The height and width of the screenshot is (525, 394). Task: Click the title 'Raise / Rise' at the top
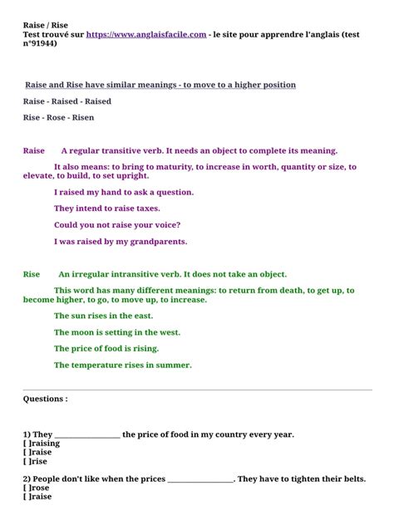point(46,25)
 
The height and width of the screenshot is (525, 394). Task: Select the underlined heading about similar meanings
point(160,85)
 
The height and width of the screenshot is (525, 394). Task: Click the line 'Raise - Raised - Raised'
point(67,101)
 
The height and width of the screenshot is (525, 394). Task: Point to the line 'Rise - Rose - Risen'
point(59,118)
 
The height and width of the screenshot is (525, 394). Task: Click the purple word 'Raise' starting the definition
point(34,151)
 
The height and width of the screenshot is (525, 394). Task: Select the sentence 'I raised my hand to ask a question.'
point(124,192)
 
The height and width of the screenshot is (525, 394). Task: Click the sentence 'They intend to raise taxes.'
point(107,209)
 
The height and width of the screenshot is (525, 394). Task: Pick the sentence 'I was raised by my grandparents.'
point(121,242)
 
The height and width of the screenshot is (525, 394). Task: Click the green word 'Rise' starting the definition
point(32,274)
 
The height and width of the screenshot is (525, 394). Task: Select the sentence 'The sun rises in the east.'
point(104,316)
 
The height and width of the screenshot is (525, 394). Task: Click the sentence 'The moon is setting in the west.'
point(117,332)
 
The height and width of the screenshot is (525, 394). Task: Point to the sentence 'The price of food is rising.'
point(106,349)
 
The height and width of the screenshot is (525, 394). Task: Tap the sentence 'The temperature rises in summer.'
point(123,365)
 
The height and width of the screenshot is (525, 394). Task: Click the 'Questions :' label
point(46,399)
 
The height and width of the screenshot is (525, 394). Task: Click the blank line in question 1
point(87,434)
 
